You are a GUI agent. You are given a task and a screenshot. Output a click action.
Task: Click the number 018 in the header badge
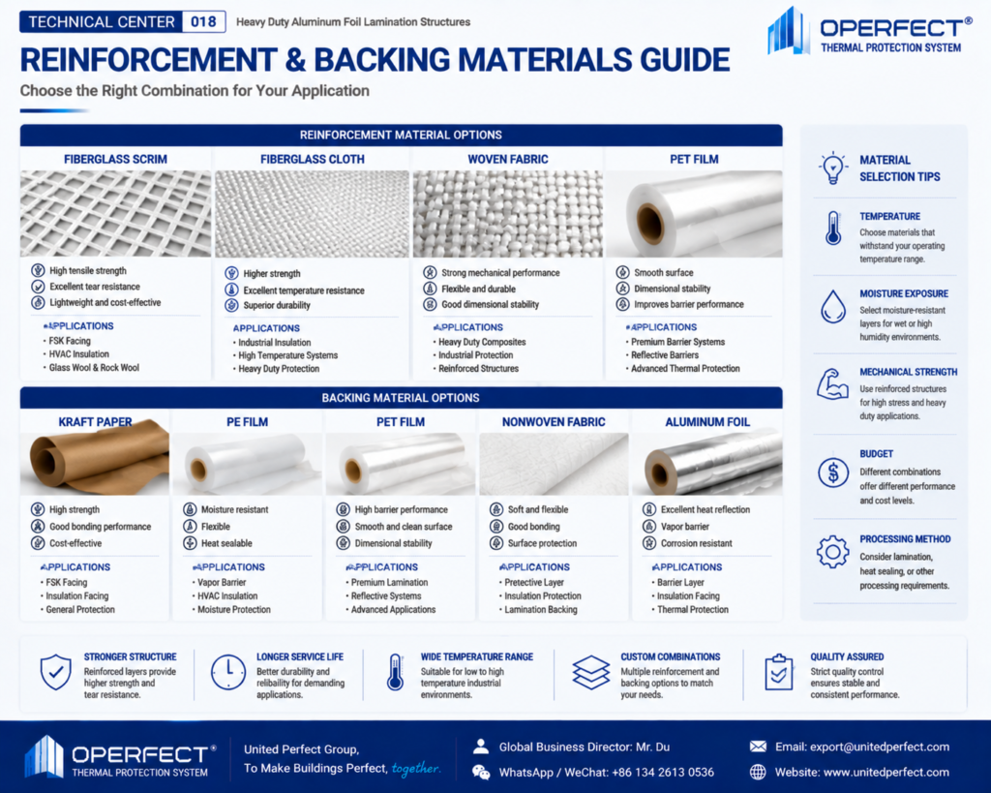pos(203,22)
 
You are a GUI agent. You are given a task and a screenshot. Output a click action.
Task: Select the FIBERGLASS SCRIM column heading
pos(116,160)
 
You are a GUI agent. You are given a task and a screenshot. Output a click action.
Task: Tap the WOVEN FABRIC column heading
pos(508,160)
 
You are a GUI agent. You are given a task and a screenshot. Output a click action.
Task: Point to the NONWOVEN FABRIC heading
pos(554,422)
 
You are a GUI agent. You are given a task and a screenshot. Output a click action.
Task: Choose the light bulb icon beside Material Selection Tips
pos(833,168)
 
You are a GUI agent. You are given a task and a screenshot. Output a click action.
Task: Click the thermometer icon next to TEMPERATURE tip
pos(833,229)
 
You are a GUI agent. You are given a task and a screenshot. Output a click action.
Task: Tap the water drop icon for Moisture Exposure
pos(833,307)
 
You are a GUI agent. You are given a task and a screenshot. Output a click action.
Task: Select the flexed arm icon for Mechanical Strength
pos(832,383)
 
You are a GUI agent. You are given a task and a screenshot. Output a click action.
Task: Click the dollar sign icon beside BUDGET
pos(833,473)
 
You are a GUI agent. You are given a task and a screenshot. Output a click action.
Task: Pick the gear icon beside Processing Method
pos(833,552)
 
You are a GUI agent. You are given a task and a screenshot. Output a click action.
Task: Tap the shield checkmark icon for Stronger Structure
pos(55,672)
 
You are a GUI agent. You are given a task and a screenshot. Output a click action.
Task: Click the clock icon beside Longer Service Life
pos(228,672)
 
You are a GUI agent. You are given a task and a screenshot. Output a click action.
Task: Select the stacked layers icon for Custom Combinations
pos(591,672)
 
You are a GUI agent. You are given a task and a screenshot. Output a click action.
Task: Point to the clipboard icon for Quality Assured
pos(779,672)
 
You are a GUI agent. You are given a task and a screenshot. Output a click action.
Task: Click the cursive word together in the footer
pos(415,769)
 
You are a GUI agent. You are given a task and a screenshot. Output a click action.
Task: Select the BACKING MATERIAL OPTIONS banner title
pos(401,398)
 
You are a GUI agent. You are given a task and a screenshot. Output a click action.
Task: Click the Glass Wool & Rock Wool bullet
pos(94,367)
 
